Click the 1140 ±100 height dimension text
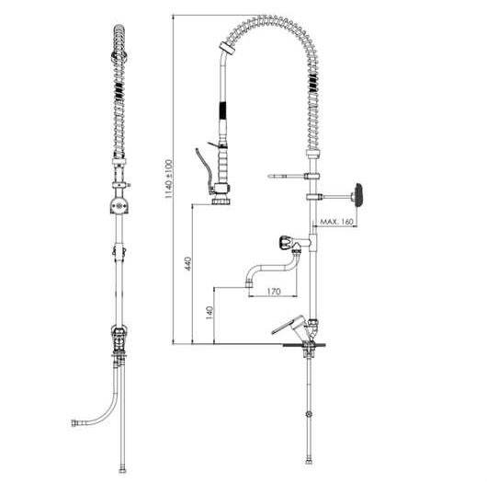168,179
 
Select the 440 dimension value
188,264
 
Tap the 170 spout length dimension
274,292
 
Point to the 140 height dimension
210,313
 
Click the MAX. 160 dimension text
337,222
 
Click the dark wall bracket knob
358,195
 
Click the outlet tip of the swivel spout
248,284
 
